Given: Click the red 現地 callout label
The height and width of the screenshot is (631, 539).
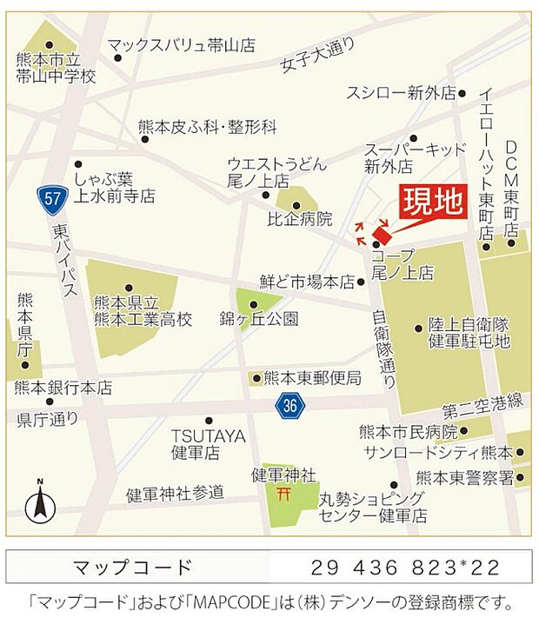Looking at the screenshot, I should coord(432,203).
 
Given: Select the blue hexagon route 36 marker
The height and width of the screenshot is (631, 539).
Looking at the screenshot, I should coord(290,404).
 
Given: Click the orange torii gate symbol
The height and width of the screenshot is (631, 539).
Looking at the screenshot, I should coord(283,495).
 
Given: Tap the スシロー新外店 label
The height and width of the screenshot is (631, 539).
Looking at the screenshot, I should coord(401,92).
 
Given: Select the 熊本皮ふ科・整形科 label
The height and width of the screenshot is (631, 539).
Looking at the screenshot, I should coord(207,127).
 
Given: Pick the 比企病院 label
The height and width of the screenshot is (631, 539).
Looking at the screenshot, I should coord(299,219).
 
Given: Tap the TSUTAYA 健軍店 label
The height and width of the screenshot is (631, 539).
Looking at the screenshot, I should coord(208,443).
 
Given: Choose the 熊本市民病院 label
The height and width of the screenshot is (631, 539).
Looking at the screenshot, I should coord(408,432).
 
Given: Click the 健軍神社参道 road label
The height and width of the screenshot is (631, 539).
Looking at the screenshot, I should coord(175,493).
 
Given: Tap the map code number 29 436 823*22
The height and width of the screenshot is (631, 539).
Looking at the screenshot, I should coord(405,568).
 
